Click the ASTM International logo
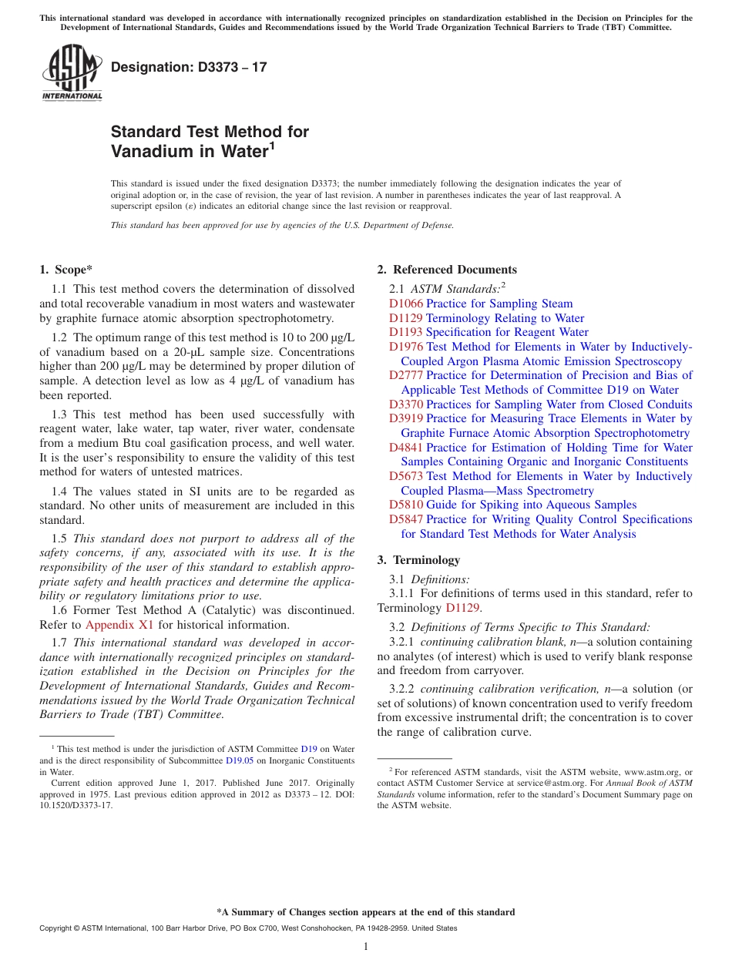click(x=72, y=72)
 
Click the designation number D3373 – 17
click(x=189, y=67)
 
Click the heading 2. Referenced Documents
click(x=447, y=270)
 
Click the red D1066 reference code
click(x=406, y=304)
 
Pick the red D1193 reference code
click(x=406, y=332)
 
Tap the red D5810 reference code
click(x=406, y=505)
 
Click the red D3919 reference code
click(x=406, y=418)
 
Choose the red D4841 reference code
click(x=406, y=448)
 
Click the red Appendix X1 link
click(x=119, y=625)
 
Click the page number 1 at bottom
click(x=366, y=947)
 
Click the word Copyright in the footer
click(x=59, y=928)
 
